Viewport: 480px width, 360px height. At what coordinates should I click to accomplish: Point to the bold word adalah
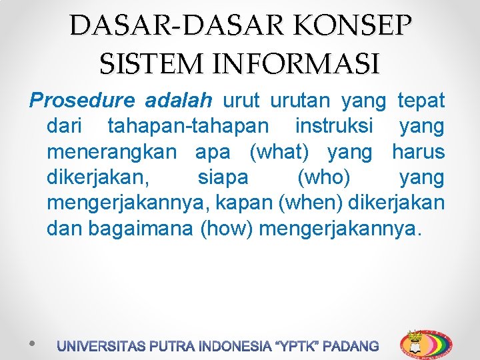(x=178, y=101)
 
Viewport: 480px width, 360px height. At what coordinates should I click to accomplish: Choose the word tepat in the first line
(x=421, y=101)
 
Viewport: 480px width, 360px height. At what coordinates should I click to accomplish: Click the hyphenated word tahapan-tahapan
(x=189, y=127)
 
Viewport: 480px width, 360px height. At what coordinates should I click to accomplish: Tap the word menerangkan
(x=112, y=152)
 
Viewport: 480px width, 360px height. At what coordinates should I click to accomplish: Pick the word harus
(x=418, y=152)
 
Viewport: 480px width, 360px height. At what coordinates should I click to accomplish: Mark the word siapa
(x=223, y=178)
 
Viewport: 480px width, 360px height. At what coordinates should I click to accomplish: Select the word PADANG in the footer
(x=350, y=347)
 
